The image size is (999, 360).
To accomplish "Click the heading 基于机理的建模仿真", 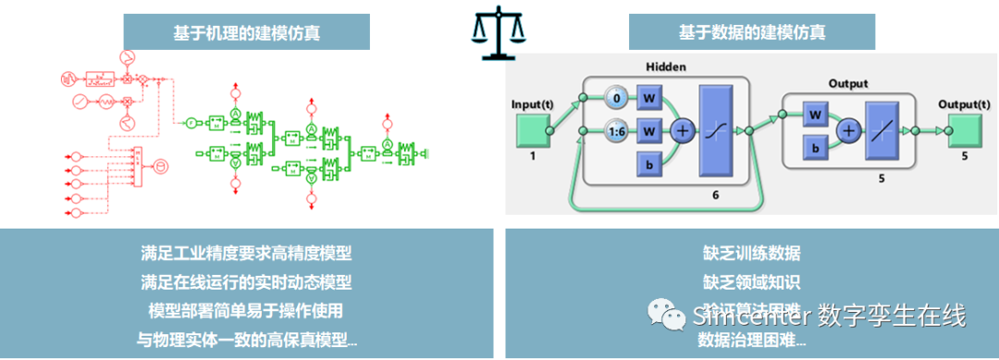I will pyautogui.click(x=247, y=32).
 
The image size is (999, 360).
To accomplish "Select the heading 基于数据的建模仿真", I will pyautogui.click(x=751, y=32).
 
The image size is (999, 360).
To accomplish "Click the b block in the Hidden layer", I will pyautogui.click(x=649, y=165).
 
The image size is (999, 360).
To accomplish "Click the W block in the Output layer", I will pyautogui.click(x=815, y=115).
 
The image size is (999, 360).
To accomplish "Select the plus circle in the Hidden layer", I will pyautogui.click(x=683, y=131).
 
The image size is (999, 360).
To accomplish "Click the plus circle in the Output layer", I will pyautogui.click(x=847, y=131).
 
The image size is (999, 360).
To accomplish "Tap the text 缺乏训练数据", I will pyautogui.click(x=751, y=253).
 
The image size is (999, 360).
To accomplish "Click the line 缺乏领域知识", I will pyautogui.click(x=751, y=281).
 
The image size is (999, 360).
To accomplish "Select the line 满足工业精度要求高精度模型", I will pyautogui.click(x=247, y=253).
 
